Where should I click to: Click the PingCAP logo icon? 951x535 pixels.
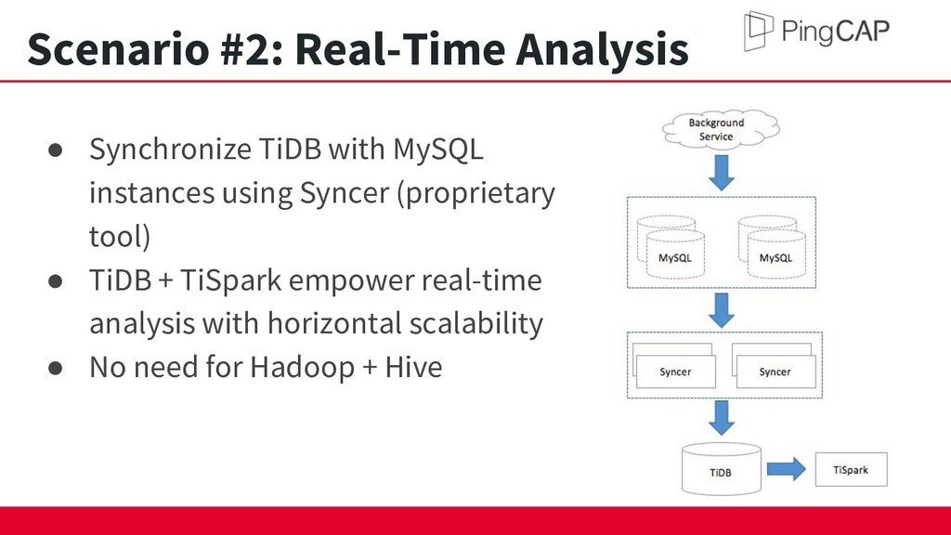point(759,31)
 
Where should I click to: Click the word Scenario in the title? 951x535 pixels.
point(118,48)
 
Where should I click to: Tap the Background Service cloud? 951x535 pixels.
point(721,128)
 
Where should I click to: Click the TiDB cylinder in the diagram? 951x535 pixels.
point(721,469)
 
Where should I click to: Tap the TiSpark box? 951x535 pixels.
point(851,469)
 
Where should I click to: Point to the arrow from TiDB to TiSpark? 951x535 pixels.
point(786,469)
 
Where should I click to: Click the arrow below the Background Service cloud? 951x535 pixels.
point(721,172)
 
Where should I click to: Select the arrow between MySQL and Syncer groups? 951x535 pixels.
point(721,310)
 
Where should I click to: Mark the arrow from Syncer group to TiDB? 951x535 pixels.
point(721,417)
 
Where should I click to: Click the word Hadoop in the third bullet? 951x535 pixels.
point(303,368)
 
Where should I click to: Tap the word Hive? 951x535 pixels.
point(413,366)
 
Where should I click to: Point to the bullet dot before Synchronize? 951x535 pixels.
point(55,150)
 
